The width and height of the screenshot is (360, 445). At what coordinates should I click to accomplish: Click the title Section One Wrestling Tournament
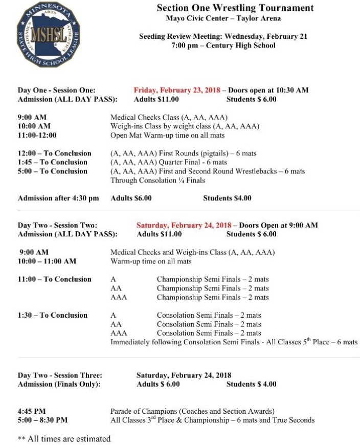point(235,8)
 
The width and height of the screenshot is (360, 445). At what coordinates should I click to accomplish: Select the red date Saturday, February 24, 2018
point(184,225)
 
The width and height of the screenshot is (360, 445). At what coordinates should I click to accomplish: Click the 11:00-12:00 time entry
point(37,136)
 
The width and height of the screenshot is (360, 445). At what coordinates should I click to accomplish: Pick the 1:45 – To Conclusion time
point(53,162)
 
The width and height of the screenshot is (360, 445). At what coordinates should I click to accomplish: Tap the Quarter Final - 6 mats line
point(169,162)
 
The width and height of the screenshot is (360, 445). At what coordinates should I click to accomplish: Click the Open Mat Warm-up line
point(167,136)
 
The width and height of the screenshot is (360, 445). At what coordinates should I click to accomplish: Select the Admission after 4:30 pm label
point(58,198)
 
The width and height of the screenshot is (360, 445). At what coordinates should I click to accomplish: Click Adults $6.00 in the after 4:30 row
point(131,198)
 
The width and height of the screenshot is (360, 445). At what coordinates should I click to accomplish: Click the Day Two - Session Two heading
point(57,225)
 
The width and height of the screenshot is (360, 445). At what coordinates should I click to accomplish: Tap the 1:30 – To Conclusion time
point(53,315)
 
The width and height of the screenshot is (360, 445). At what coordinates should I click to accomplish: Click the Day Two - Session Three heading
point(60,375)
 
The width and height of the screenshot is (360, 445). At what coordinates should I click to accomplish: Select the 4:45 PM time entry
point(32,411)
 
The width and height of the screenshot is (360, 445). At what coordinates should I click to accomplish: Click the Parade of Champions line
point(192,411)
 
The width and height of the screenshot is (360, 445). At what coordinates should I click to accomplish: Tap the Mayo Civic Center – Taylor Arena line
point(223,19)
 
